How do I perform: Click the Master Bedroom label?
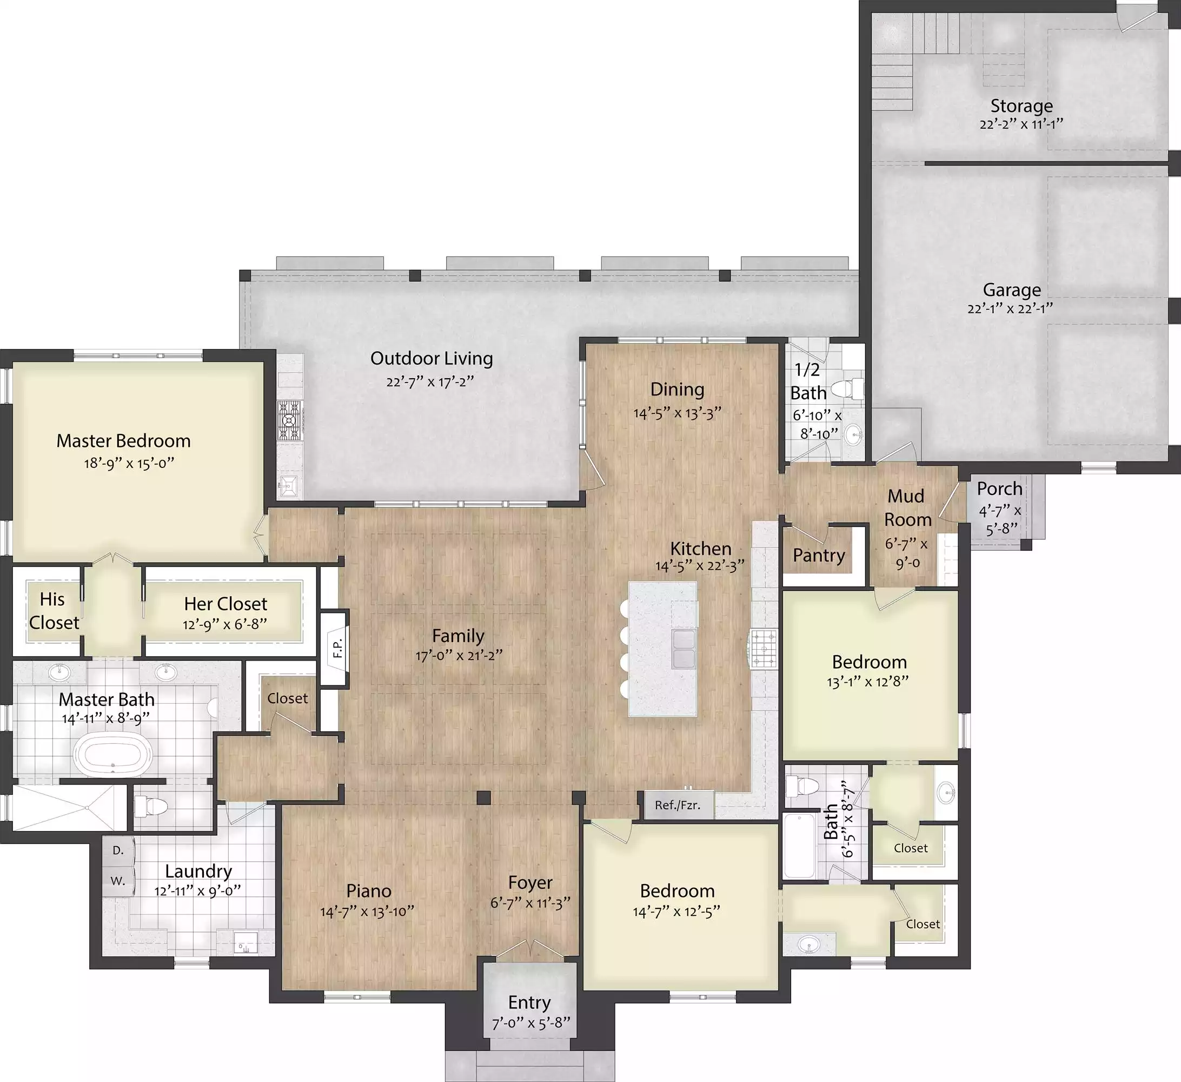124,441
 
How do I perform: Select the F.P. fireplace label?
337,648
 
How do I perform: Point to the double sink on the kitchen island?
684,649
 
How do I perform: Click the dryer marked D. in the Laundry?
118,850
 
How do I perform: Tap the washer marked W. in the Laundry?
118,881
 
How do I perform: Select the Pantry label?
818,555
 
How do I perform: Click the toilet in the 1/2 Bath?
847,388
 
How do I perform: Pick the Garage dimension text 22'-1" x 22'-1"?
1011,308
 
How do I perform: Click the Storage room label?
1021,106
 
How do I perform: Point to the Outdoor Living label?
432,358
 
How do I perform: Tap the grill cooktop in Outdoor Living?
289,420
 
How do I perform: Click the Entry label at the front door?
529,1002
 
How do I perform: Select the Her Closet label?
225,604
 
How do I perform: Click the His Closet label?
54,611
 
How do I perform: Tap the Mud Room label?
907,507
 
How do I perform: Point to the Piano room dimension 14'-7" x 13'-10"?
367,912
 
